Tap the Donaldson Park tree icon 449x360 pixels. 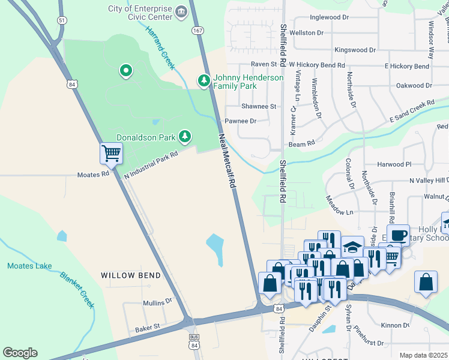185,137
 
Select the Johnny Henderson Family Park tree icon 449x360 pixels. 204,80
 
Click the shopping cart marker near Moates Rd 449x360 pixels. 111,154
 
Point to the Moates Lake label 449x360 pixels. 29,266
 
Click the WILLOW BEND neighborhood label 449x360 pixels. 131,275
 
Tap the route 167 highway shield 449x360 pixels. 197,29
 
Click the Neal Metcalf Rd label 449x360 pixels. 226,161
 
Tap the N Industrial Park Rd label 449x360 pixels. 151,164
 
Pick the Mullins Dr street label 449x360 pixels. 157,302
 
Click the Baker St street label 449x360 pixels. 147,328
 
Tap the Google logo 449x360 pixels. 20,353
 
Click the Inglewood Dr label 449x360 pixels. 328,18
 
